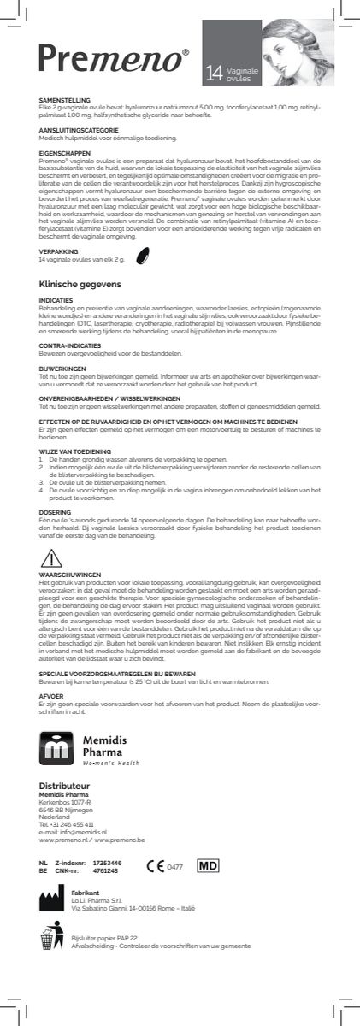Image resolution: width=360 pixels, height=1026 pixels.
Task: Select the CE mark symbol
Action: [156, 866]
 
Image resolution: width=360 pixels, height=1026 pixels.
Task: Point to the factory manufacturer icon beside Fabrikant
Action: [52, 899]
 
